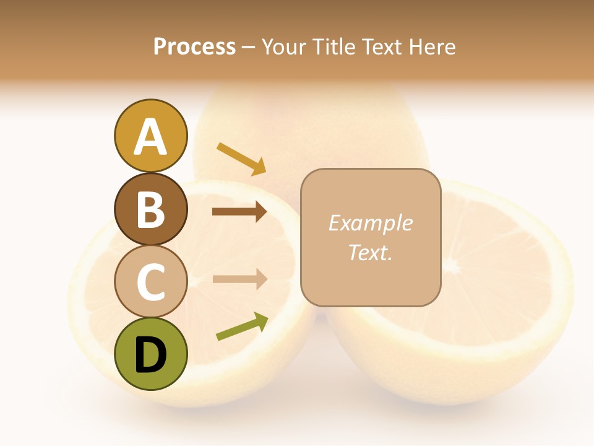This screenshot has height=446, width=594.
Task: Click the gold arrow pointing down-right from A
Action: coord(242,159)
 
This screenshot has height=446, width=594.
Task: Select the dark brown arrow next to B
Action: coord(239,212)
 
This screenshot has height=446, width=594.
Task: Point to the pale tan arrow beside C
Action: coord(239,279)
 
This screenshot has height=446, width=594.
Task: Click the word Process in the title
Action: coord(194,47)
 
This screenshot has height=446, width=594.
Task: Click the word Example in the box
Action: coord(370,223)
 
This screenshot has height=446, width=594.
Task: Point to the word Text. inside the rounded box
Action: coord(370,252)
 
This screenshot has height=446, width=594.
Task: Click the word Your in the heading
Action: coord(285,47)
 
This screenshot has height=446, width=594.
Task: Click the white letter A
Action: coord(150,137)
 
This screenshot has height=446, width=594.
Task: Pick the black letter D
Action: coord(150,355)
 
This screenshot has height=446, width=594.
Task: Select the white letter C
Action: coord(150,282)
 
